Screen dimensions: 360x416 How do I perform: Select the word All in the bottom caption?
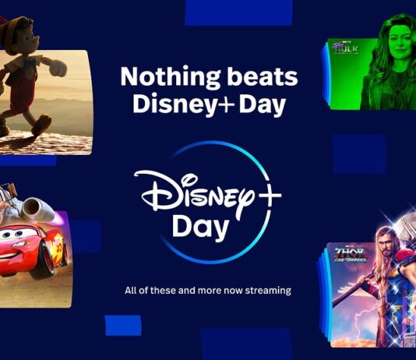click(x=132, y=291)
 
